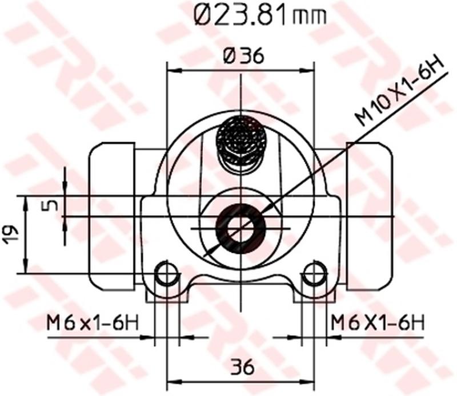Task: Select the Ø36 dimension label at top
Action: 243,56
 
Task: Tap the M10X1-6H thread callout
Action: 400,91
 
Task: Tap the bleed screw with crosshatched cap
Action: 240,143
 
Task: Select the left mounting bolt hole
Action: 167,273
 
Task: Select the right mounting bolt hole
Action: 314,273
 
